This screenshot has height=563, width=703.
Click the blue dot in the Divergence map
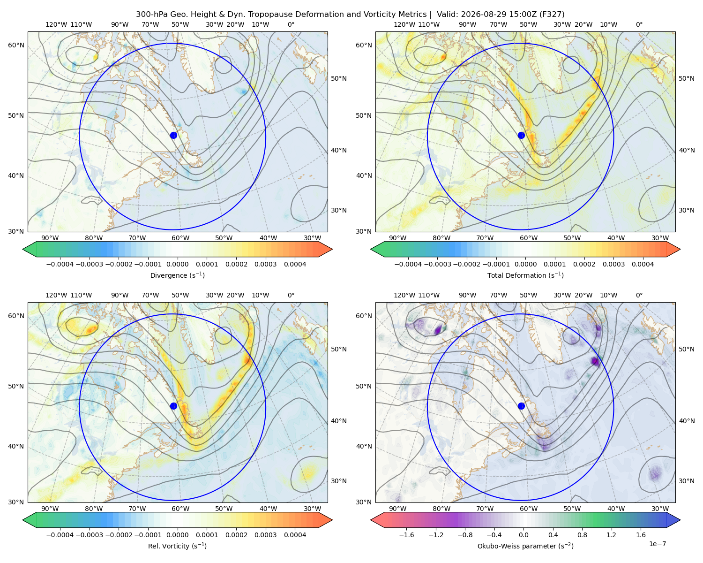coord(173,136)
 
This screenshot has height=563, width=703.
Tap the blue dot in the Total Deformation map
coord(521,136)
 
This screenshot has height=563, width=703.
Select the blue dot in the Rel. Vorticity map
coord(173,406)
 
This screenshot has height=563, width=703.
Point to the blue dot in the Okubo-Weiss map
coord(521,406)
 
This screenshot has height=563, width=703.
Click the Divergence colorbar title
coord(177,275)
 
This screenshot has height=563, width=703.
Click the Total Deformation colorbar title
coord(525,275)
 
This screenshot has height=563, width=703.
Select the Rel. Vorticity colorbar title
coord(177,546)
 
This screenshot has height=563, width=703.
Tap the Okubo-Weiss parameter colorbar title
coord(525,546)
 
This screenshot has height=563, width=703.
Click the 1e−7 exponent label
coord(657,544)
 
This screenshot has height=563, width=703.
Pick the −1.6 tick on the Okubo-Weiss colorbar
coord(406,535)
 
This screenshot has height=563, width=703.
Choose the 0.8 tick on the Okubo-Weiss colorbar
coord(582,535)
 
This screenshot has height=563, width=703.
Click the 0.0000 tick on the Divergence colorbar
coord(177,264)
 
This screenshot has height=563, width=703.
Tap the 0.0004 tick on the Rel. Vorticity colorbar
coord(295,535)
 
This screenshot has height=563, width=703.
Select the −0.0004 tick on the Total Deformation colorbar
coord(408,264)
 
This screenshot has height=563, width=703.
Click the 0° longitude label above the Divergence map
coord(291,24)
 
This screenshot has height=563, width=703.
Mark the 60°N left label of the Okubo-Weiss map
coord(364,316)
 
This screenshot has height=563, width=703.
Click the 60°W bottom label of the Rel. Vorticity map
coord(180,509)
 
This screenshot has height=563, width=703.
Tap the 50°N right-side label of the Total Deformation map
coord(687,78)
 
